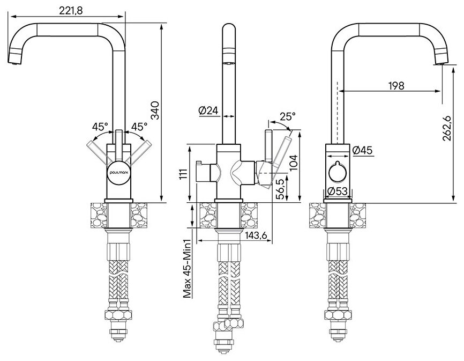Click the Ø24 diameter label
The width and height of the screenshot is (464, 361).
208,110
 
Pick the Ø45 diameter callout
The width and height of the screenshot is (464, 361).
363,150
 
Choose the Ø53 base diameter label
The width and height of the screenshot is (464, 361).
338,192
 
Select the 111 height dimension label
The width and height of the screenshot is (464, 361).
184,175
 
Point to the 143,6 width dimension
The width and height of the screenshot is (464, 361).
256,234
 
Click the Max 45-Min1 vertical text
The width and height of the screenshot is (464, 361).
188,268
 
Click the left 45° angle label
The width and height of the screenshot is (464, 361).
100,127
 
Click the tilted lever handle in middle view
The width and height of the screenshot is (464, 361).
282,152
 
